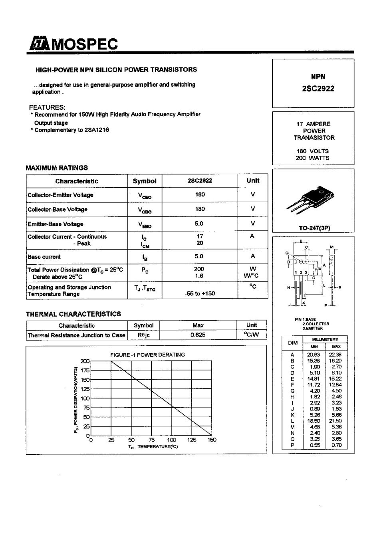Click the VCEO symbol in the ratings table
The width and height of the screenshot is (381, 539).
(144, 196)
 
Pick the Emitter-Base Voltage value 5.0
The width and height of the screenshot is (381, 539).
(199, 224)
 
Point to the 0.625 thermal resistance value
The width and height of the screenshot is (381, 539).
(198, 335)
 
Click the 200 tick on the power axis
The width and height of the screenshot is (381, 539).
(85, 361)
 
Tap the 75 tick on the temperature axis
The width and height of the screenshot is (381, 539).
(151, 440)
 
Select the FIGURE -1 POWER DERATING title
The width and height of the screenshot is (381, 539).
(147, 355)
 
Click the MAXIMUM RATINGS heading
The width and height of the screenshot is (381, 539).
(57, 168)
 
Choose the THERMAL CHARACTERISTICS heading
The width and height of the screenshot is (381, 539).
(73, 314)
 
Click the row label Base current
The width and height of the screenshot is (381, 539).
(44, 257)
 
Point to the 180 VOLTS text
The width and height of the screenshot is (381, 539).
(312, 151)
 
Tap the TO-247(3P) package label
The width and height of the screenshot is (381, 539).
(314, 228)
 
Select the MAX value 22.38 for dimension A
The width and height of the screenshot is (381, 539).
(335, 355)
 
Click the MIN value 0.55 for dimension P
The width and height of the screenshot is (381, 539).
(315, 445)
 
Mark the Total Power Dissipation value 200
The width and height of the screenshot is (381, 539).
(199, 269)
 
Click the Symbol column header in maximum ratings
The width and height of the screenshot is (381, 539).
(144, 181)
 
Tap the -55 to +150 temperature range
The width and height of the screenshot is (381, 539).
(200, 293)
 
